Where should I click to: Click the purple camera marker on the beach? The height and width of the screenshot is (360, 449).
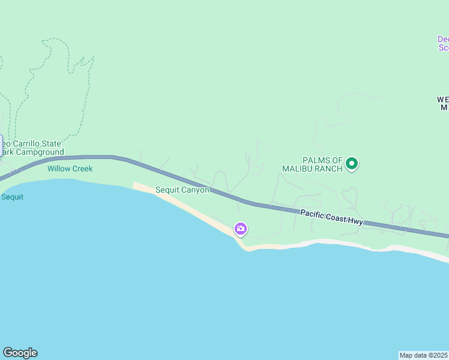[x=241, y=229]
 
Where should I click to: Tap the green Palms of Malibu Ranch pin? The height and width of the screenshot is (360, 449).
[x=352, y=163]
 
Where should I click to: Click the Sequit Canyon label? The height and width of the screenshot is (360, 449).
[x=182, y=190]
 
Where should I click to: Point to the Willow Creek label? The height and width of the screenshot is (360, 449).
[x=70, y=169]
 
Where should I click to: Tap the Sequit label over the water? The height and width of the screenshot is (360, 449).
[x=12, y=197]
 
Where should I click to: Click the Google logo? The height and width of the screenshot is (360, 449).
[x=20, y=353]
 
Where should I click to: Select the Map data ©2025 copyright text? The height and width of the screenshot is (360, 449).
[x=424, y=355]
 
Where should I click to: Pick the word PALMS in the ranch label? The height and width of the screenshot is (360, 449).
[x=315, y=160]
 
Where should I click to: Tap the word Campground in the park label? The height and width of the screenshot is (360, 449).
[x=40, y=152]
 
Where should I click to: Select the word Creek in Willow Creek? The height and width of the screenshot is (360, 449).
[x=82, y=169]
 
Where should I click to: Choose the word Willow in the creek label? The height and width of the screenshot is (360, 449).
[x=59, y=169]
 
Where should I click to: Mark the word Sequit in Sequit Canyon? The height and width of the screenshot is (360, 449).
[x=167, y=190]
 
